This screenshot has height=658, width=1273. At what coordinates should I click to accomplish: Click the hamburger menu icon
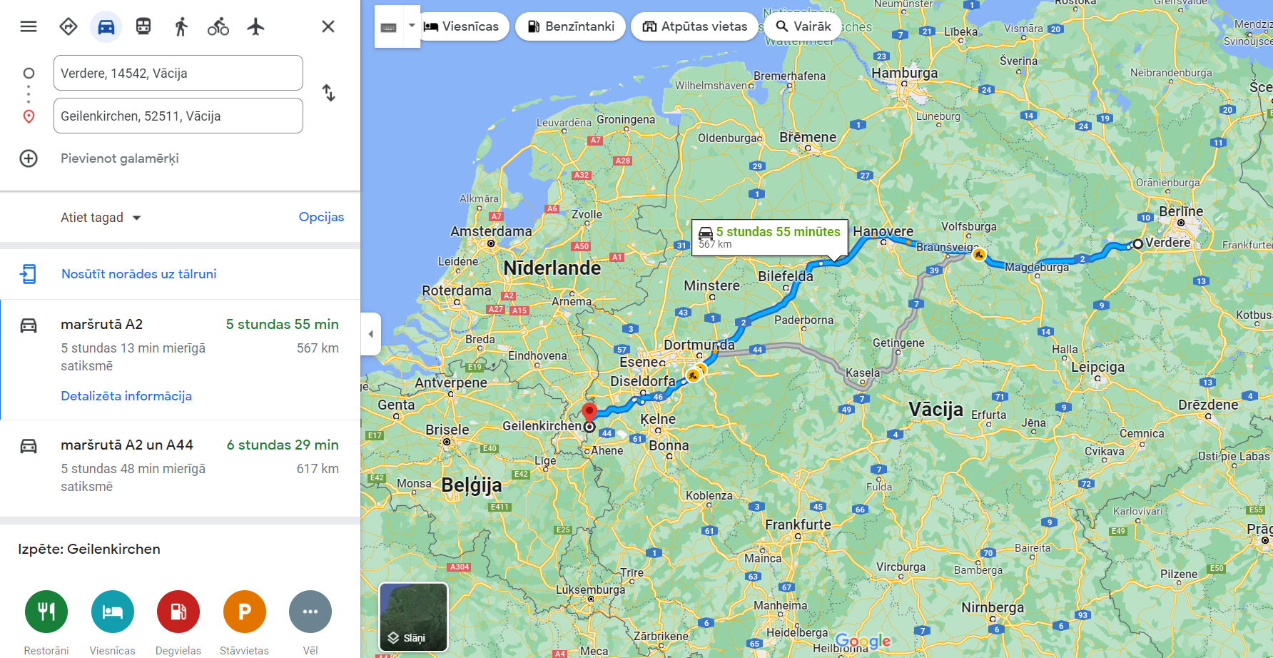click(x=29, y=26)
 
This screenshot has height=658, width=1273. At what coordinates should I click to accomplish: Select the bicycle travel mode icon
click(x=218, y=27)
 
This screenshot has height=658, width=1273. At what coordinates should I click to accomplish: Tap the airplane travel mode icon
click(x=255, y=27)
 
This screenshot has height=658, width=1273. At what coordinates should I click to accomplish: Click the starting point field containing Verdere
click(x=178, y=73)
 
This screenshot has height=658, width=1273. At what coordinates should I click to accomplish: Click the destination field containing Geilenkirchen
click(x=178, y=116)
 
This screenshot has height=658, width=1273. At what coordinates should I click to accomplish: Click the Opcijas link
click(x=321, y=217)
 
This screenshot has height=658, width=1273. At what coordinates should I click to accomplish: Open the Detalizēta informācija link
click(x=126, y=396)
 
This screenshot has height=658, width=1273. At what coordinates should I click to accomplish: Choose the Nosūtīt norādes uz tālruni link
click(x=138, y=274)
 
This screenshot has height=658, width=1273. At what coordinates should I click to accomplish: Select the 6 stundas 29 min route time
click(x=283, y=445)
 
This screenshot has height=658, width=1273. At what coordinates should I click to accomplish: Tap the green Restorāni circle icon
click(x=46, y=612)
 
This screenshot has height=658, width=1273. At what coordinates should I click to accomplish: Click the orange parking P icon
click(x=244, y=612)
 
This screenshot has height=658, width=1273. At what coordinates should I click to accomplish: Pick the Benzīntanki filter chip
click(x=571, y=26)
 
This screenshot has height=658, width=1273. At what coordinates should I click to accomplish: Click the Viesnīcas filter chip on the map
click(x=462, y=26)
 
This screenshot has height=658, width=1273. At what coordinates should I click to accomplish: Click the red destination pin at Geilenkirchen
click(x=589, y=412)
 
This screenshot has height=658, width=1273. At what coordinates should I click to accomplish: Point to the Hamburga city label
click(x=905, y=73)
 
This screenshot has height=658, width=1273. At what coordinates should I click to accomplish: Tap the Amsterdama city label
click(x=491, y=231)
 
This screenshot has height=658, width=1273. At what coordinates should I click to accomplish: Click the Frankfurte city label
click(x=798, y=525)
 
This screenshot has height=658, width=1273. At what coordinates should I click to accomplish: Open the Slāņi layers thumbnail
click(x=413, y=617)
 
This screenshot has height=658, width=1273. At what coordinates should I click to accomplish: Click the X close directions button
click(x=328, y=26)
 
